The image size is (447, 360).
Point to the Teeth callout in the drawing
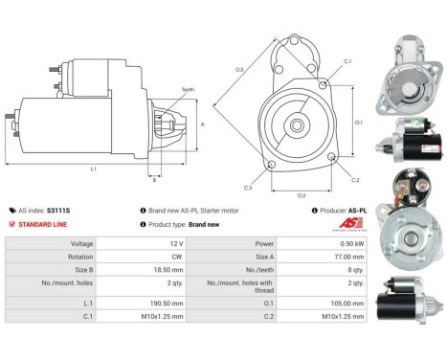(187, 89)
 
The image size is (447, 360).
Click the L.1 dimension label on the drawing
(93, 168)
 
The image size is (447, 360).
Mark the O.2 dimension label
(302, 195)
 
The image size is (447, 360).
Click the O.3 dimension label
(239, 69)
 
